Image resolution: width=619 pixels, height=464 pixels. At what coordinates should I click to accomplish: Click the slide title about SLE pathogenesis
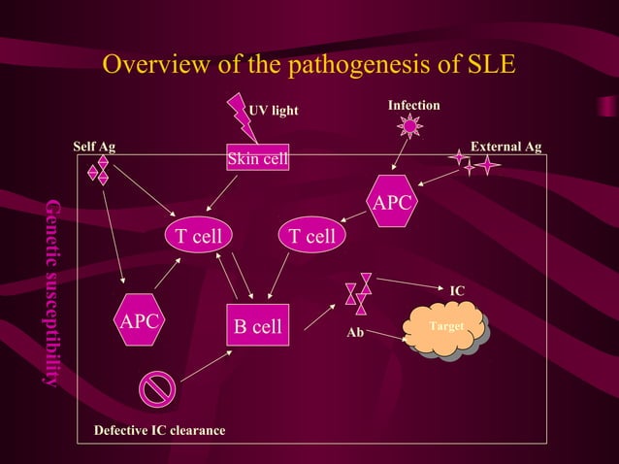[x=309, y=64]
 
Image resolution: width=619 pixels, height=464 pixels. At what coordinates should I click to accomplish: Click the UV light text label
[x=274, y=111]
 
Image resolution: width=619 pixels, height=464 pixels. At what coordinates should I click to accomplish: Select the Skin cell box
[x=257, y=158]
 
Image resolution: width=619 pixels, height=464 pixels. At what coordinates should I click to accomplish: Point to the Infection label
[x=413, y=105]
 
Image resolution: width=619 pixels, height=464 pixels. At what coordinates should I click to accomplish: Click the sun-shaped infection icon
[x=410, y=126]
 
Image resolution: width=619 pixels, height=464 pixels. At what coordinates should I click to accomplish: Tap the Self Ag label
[x=94, y=147]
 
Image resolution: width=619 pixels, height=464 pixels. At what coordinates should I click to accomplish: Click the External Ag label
[x=505, y=147]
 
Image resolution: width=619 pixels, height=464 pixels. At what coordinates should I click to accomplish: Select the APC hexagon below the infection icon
[x=393, y=202]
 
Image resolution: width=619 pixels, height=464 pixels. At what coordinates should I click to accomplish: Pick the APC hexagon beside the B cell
[x=139, y=319]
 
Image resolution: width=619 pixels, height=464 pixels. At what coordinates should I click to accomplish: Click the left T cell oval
[x=198, y=236]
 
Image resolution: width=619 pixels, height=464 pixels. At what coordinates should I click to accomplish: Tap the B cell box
[x=257, y=326]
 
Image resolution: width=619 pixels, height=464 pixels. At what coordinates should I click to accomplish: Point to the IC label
[x=457, y=290]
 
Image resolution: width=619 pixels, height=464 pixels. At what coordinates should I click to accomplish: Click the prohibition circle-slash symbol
[x=156, y=388]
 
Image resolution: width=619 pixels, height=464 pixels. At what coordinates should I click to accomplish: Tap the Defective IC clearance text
[x=159, y=430]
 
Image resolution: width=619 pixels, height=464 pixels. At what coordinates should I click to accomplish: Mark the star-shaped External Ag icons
[x=473, y=163]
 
